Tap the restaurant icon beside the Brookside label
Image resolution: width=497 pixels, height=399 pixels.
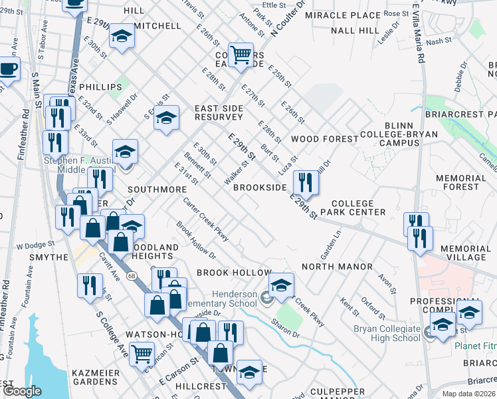click(304, 180)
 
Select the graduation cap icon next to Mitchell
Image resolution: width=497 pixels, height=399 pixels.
click(122, 37)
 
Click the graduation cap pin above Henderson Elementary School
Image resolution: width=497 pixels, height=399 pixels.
click(281, 285)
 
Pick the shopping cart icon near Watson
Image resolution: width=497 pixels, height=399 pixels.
click(142, 352)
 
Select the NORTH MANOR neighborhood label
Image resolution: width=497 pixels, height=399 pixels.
click(337, 267)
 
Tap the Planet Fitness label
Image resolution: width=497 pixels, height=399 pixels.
click(476, 346)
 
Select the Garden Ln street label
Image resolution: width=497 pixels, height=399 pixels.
click(330, 244)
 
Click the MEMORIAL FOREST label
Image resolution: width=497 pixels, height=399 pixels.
click(461, 182)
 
